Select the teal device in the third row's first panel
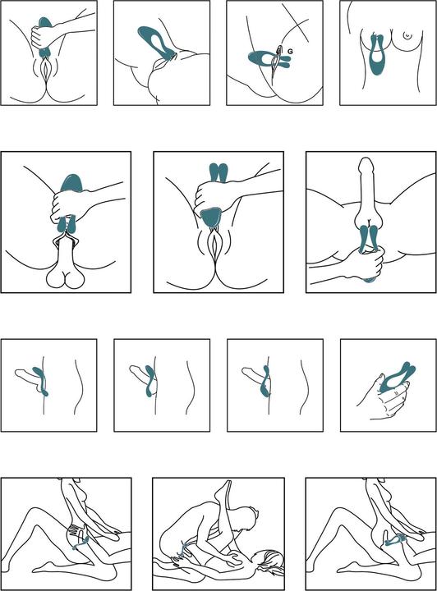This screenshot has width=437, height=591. coord(42,382)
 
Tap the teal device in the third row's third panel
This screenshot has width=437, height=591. coord(264,382)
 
